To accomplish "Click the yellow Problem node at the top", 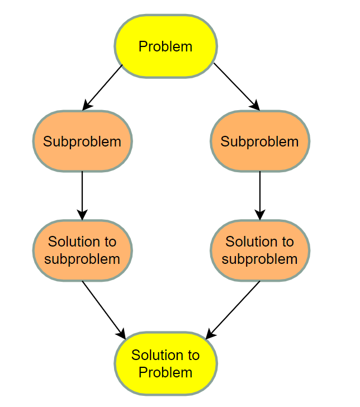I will [x=165, y=46].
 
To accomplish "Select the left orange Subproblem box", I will [x=82, y=141].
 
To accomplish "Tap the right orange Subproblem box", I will [x=259, y=141].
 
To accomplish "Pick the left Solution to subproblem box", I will [x=82, y=250].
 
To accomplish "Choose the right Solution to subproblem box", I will [x=259, y=250].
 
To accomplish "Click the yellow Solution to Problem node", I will [x=165, y=363].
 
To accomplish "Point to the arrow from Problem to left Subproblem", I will [x=103, y=87].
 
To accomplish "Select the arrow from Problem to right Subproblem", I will [x=236, y=86].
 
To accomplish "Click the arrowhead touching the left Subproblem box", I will [x=86, y=106].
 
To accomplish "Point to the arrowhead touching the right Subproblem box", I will [x=255, y=106].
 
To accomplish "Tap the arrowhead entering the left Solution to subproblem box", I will [x=82, y=215].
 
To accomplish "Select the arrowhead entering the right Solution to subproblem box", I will [x=259, y=215].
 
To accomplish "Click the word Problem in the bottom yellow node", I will [x=165, y=372].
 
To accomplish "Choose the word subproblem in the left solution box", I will [x=82, y=259].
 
